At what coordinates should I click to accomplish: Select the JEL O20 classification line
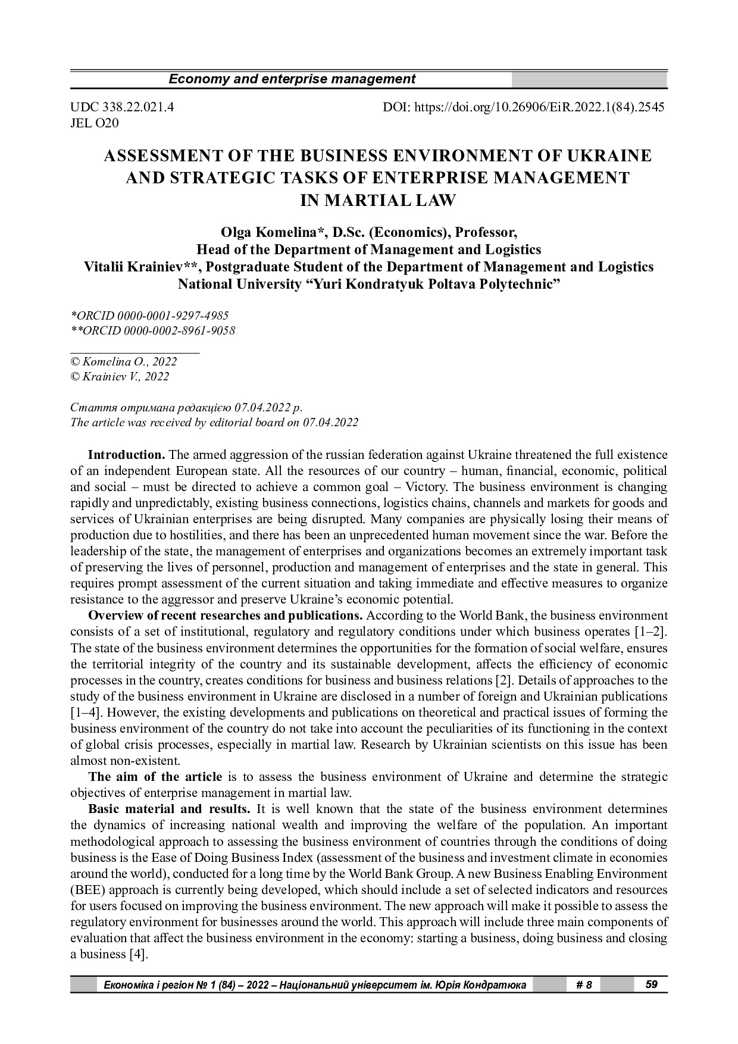pos(95,123)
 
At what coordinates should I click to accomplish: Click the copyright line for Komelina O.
pos(124,361)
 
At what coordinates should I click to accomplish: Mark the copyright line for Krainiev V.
pos(120,377)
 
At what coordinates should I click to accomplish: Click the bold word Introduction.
pos(127,455)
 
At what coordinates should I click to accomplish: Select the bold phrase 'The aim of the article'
pos(155,777)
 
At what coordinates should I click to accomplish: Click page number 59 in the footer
pos(651,984)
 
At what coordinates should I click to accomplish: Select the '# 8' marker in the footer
pos(584,985)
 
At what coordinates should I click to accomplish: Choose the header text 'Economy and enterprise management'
pos(292,79)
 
